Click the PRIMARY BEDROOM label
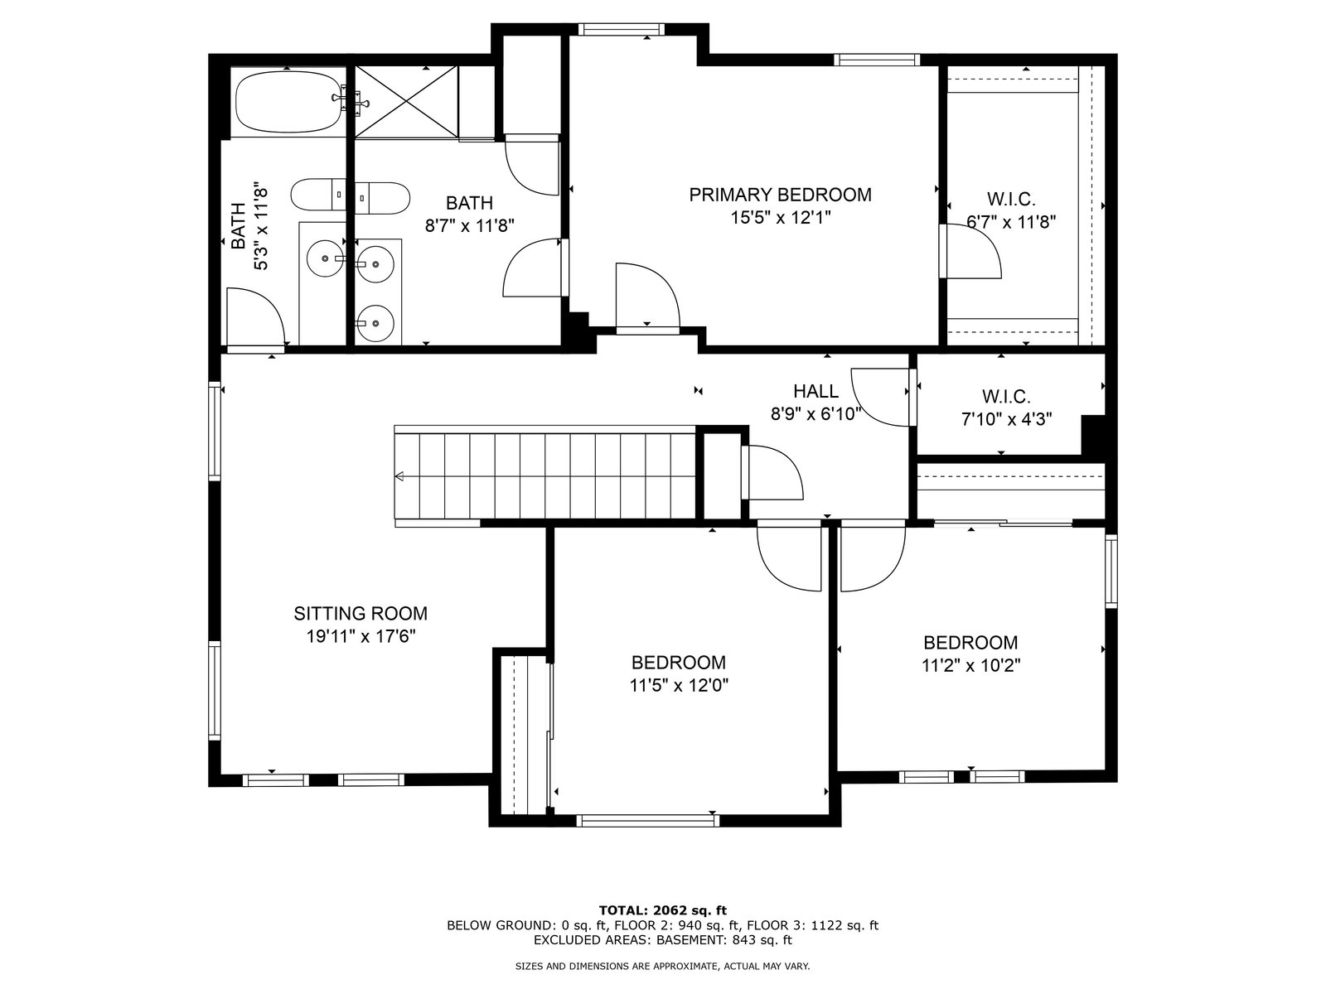pyautogui.click(x=780, y=195)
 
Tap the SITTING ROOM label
pyautogui.click(x=361, y=614)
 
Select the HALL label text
pyautogui.click(x=815, y=391)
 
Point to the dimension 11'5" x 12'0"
pyautogui.click(x=679, y=686)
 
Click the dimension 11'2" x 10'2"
pyautogui.click(x=970, y=666)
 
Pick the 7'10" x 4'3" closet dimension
pyautogui.click(x=1006, y=419)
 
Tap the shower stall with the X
pyautogui.click(x=406, y=101)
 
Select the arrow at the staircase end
pyautogui.click(x=399, y=477)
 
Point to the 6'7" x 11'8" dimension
pyautogui.click(x=1011, y=222)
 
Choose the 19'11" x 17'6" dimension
pyautogui.click(x=361, y=636)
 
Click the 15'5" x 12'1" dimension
pyautogui.click(x=781, y=217)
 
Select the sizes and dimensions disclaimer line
pyautogui.click(x=662, y=966)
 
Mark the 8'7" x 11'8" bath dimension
pyautogui.click(x=469, y=225)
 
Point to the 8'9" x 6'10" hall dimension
pyautogui.click(x=815, y=414)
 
